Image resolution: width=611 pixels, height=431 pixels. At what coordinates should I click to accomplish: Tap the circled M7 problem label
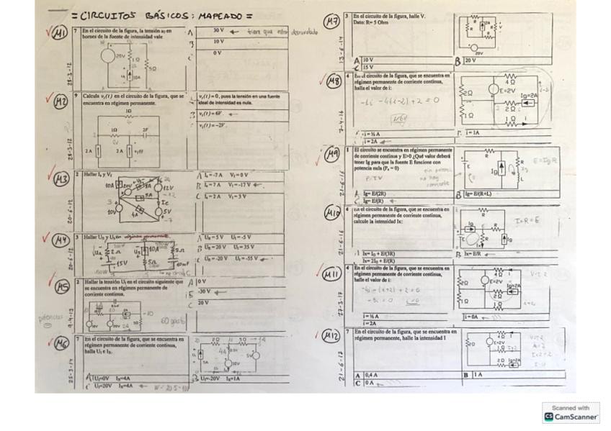332,22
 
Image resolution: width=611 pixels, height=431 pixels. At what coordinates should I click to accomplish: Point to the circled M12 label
331,336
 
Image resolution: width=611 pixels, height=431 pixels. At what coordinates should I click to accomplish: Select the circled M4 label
61,240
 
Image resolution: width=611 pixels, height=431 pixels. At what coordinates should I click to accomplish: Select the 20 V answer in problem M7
470,60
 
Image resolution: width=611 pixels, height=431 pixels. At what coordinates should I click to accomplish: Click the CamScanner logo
571,413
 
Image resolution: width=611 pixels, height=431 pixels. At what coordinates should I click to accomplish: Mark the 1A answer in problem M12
478,375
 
